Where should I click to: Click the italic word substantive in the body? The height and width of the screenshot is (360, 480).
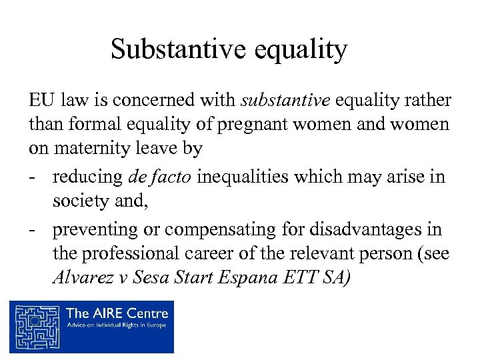click(285, 101)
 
